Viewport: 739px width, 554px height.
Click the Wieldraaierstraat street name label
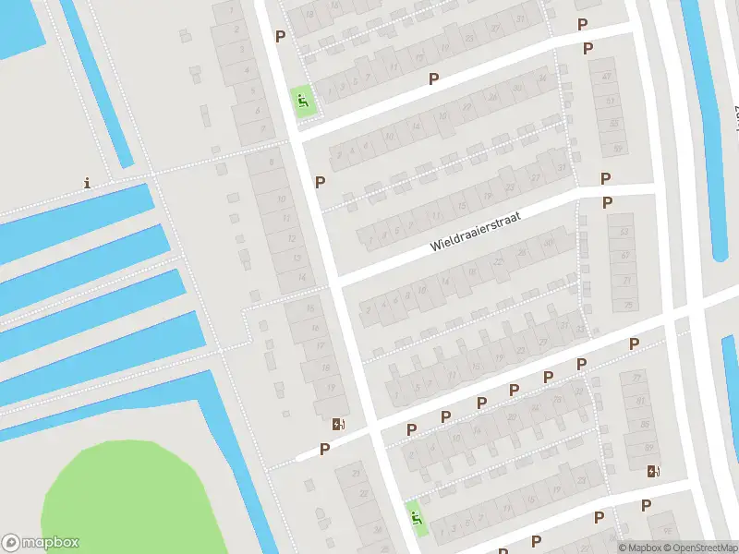tap(476, 231)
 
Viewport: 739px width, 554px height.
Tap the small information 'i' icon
tap(88, 183)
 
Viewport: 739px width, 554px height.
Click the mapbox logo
tap(41, 543)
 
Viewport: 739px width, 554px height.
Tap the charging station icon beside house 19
tap(338, 425)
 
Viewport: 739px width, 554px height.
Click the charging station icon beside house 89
tap(654, 472)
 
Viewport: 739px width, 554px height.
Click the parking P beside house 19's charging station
tap(324, 449)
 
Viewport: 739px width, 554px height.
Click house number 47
tap(607, 76)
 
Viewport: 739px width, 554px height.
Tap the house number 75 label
tap(628, 304)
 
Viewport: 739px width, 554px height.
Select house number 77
tap(636, 378)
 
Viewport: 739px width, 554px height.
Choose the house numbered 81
tap(639, 402)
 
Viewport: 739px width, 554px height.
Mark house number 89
tap(647, 448)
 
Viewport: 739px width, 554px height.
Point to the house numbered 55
tap(615, 124)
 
